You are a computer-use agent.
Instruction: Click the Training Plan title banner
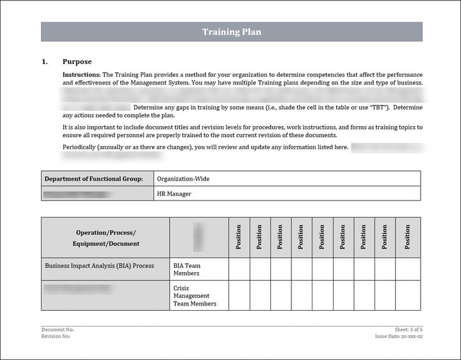click(x=231, y=32)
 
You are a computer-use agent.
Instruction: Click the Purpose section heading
click(x=77, y=62)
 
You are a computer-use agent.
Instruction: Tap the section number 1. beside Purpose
click(x=45, y=62)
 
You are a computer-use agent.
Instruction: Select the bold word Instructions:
click(x=81, y=75)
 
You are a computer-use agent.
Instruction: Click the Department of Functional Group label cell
click(x=97, y=179)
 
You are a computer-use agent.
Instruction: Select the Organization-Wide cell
click(x=183, y=179)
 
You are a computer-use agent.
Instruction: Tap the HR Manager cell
click(x=174, y=193)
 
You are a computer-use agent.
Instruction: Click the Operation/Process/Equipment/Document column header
click(x=106, y=238)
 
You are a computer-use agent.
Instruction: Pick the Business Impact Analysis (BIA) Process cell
click(x=99, y=266)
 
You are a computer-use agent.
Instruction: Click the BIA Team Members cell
click(x=187, y=269)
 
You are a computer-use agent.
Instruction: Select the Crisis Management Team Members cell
click(x=195, y=296)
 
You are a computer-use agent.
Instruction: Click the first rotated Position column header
click(x=239, y=237)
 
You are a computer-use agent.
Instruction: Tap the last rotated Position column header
click(x=407, y=237)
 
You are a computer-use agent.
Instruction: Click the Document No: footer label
click(x=53, y=330)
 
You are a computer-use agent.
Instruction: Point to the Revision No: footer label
click(x=56, y=336)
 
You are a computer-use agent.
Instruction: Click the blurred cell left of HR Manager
click(x=97, y=193)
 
